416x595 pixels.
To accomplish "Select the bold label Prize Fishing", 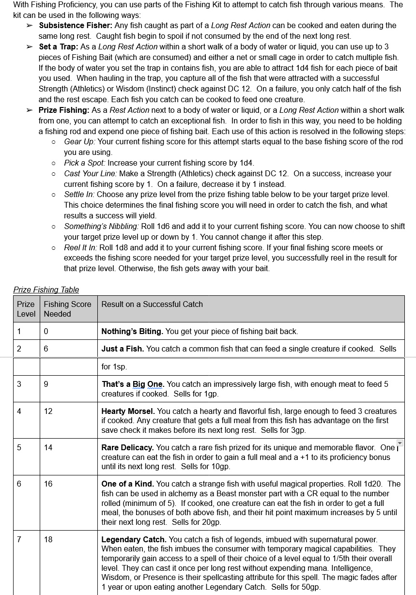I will click(65, 110).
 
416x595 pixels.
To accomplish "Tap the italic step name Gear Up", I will click(79, 141).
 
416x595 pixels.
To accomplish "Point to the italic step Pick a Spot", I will click(84, 163).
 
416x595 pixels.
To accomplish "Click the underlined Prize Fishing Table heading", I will click(46, 290).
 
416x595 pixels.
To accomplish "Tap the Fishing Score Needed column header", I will click(67, 309).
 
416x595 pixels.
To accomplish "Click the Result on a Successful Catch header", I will click(152, 304).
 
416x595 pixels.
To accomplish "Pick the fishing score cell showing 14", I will click(48, 447).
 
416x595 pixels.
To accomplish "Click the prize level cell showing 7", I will click(19, 539).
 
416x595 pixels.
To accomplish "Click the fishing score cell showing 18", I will click(48, 539).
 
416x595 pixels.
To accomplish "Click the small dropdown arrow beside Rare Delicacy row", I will click(400, 443).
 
